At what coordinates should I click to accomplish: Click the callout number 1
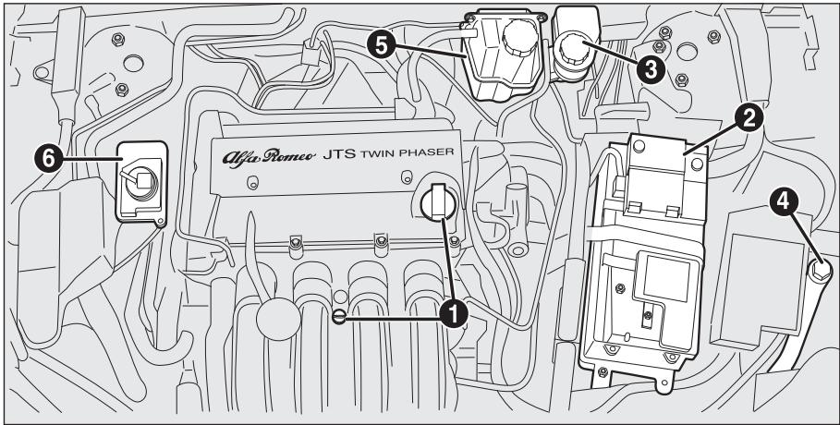coord(453,315)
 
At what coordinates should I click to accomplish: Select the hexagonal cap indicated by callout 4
coord(818,271)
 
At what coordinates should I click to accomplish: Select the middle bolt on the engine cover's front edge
coord(378,243)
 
